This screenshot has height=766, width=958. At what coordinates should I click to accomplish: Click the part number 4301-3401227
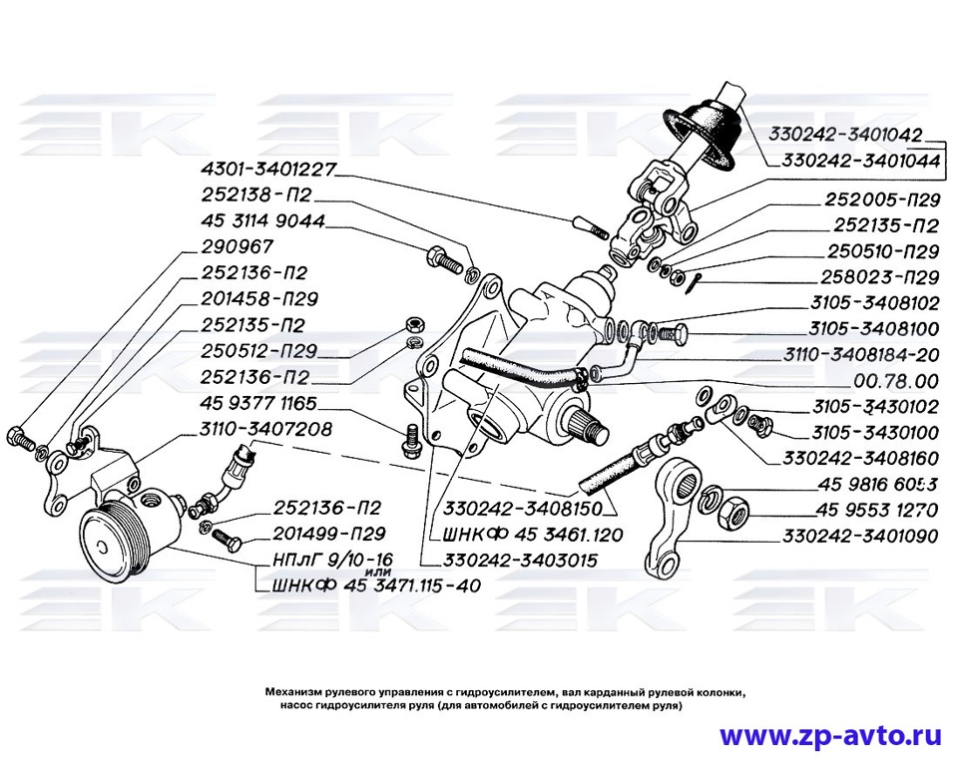pyautogui.click(x=269, y=170)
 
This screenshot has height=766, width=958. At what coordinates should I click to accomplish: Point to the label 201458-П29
pyautogui.click(x=263, y=299)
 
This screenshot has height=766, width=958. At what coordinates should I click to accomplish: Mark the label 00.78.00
pyautogui.click(x=897, y=380)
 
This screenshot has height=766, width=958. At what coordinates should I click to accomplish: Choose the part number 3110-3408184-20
pyautogui.click(x=863, y=354)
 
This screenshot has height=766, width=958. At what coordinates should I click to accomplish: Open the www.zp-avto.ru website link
pyautogui.click(x=830, y=736)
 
